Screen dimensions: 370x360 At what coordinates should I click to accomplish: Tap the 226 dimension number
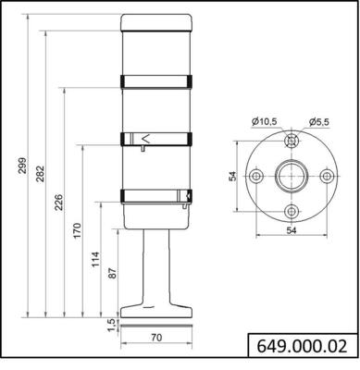click(x=59, y=202)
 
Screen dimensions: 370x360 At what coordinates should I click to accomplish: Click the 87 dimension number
click(x=113, y=274)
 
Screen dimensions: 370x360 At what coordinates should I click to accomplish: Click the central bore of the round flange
click(x=291, y=176)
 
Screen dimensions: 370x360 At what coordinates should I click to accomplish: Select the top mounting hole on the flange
click(x=291, y=142)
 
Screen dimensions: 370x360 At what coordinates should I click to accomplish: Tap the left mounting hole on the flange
click(x=256, y=176)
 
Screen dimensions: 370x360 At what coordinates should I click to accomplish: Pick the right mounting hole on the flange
click(x=325, y=176)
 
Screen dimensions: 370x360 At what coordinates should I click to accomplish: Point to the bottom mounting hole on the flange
click(x=291, y=210)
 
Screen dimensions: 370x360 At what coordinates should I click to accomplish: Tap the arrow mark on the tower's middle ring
click(x=145, y=139)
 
